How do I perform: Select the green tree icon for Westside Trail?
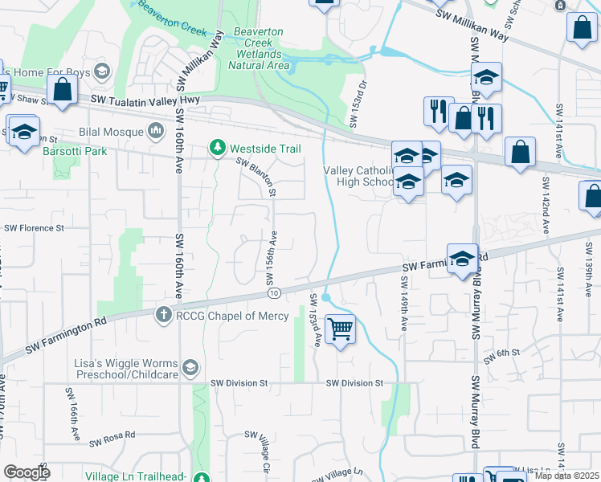pyautogui.click(x=216, y=149)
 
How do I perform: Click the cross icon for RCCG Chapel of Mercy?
pyautogui.click(x=164, y=316)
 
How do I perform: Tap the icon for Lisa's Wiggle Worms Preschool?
pyautogui.click(x=190, y=368)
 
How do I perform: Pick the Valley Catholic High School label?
pyautogui.click(x=359, y=176)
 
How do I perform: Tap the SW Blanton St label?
pyautogui.click(x=256, y=177)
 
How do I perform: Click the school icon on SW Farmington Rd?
pyautogui.click(x=462, y=259)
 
